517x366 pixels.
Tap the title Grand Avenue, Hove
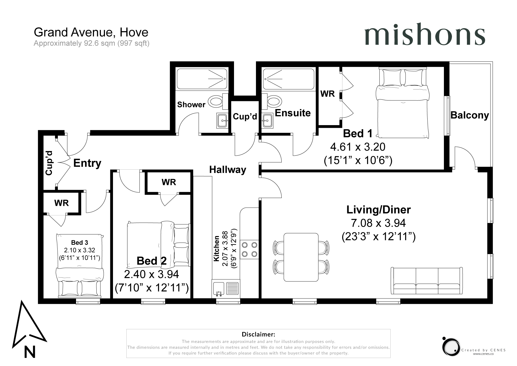click(91, 32)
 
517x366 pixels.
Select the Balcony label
click(470, 115)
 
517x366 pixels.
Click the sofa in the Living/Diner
click(427, 281)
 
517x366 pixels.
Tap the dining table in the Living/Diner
click(301, 257)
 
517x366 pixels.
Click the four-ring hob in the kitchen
click(249, 249)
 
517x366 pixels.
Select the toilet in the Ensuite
click(273, 102)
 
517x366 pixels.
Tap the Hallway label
click(228, 170)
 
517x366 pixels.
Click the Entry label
click(87, 163)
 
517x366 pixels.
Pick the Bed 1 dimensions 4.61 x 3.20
click(358, 147)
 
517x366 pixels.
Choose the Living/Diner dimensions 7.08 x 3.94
click(378, 223)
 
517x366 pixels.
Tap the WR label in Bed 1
click(327, 94)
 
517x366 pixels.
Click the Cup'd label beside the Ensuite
click(245, 117)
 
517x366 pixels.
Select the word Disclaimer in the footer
click(258, 334)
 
